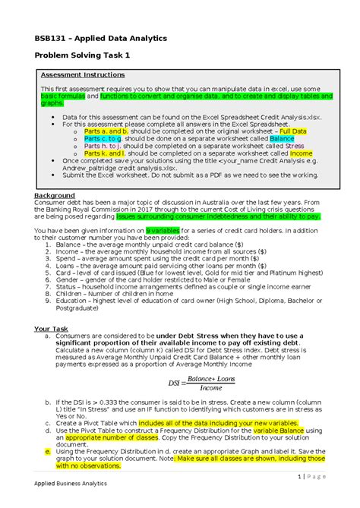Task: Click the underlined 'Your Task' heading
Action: click(52, 329)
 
